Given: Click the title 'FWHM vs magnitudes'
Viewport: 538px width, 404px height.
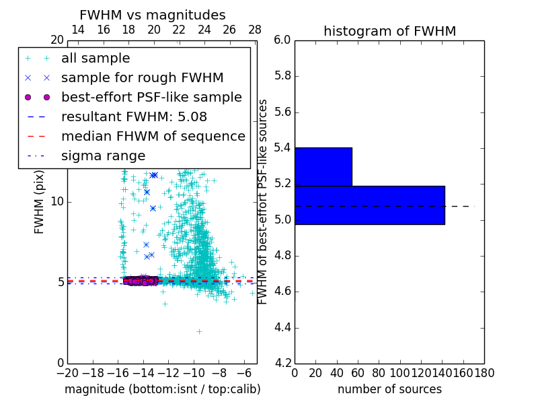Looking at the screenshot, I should [x=153, y=15].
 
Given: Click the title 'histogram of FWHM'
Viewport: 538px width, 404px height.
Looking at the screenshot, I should [x=389, y=31].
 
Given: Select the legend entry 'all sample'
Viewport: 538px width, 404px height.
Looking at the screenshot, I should [x=95, y=59].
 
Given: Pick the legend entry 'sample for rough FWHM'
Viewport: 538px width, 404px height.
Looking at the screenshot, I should [x=142, y=77].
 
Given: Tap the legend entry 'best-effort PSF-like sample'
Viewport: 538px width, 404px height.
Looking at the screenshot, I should [x=151, y=97].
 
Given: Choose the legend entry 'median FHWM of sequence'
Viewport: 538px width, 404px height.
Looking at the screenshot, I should [x=153, y=136].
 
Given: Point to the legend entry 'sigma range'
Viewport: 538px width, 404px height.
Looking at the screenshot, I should [x=103, y=156].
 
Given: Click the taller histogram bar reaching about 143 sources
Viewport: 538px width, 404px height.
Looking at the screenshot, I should [x=369, y=205].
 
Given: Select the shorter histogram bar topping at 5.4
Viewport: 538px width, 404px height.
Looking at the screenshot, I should [x=323, y=166].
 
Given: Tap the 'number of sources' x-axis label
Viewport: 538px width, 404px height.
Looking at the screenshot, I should [x=389, y=389].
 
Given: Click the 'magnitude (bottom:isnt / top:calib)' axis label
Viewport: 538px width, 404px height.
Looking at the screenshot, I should [x=162, y=389].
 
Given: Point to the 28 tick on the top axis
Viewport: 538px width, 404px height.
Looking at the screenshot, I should [x=255, y=30].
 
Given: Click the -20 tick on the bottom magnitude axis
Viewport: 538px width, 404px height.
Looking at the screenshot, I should [x=67, y=373].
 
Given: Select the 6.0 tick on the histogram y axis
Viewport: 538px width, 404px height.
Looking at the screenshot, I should [x=282, y=40].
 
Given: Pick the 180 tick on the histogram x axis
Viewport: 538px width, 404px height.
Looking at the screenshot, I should [x=484, y=373].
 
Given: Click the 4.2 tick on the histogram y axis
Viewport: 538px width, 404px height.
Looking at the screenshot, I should [x=282, y=364].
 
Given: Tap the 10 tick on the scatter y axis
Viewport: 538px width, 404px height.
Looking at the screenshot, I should [x=57, y=201].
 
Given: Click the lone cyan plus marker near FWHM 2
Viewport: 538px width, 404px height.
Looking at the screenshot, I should [x=199, y=331].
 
